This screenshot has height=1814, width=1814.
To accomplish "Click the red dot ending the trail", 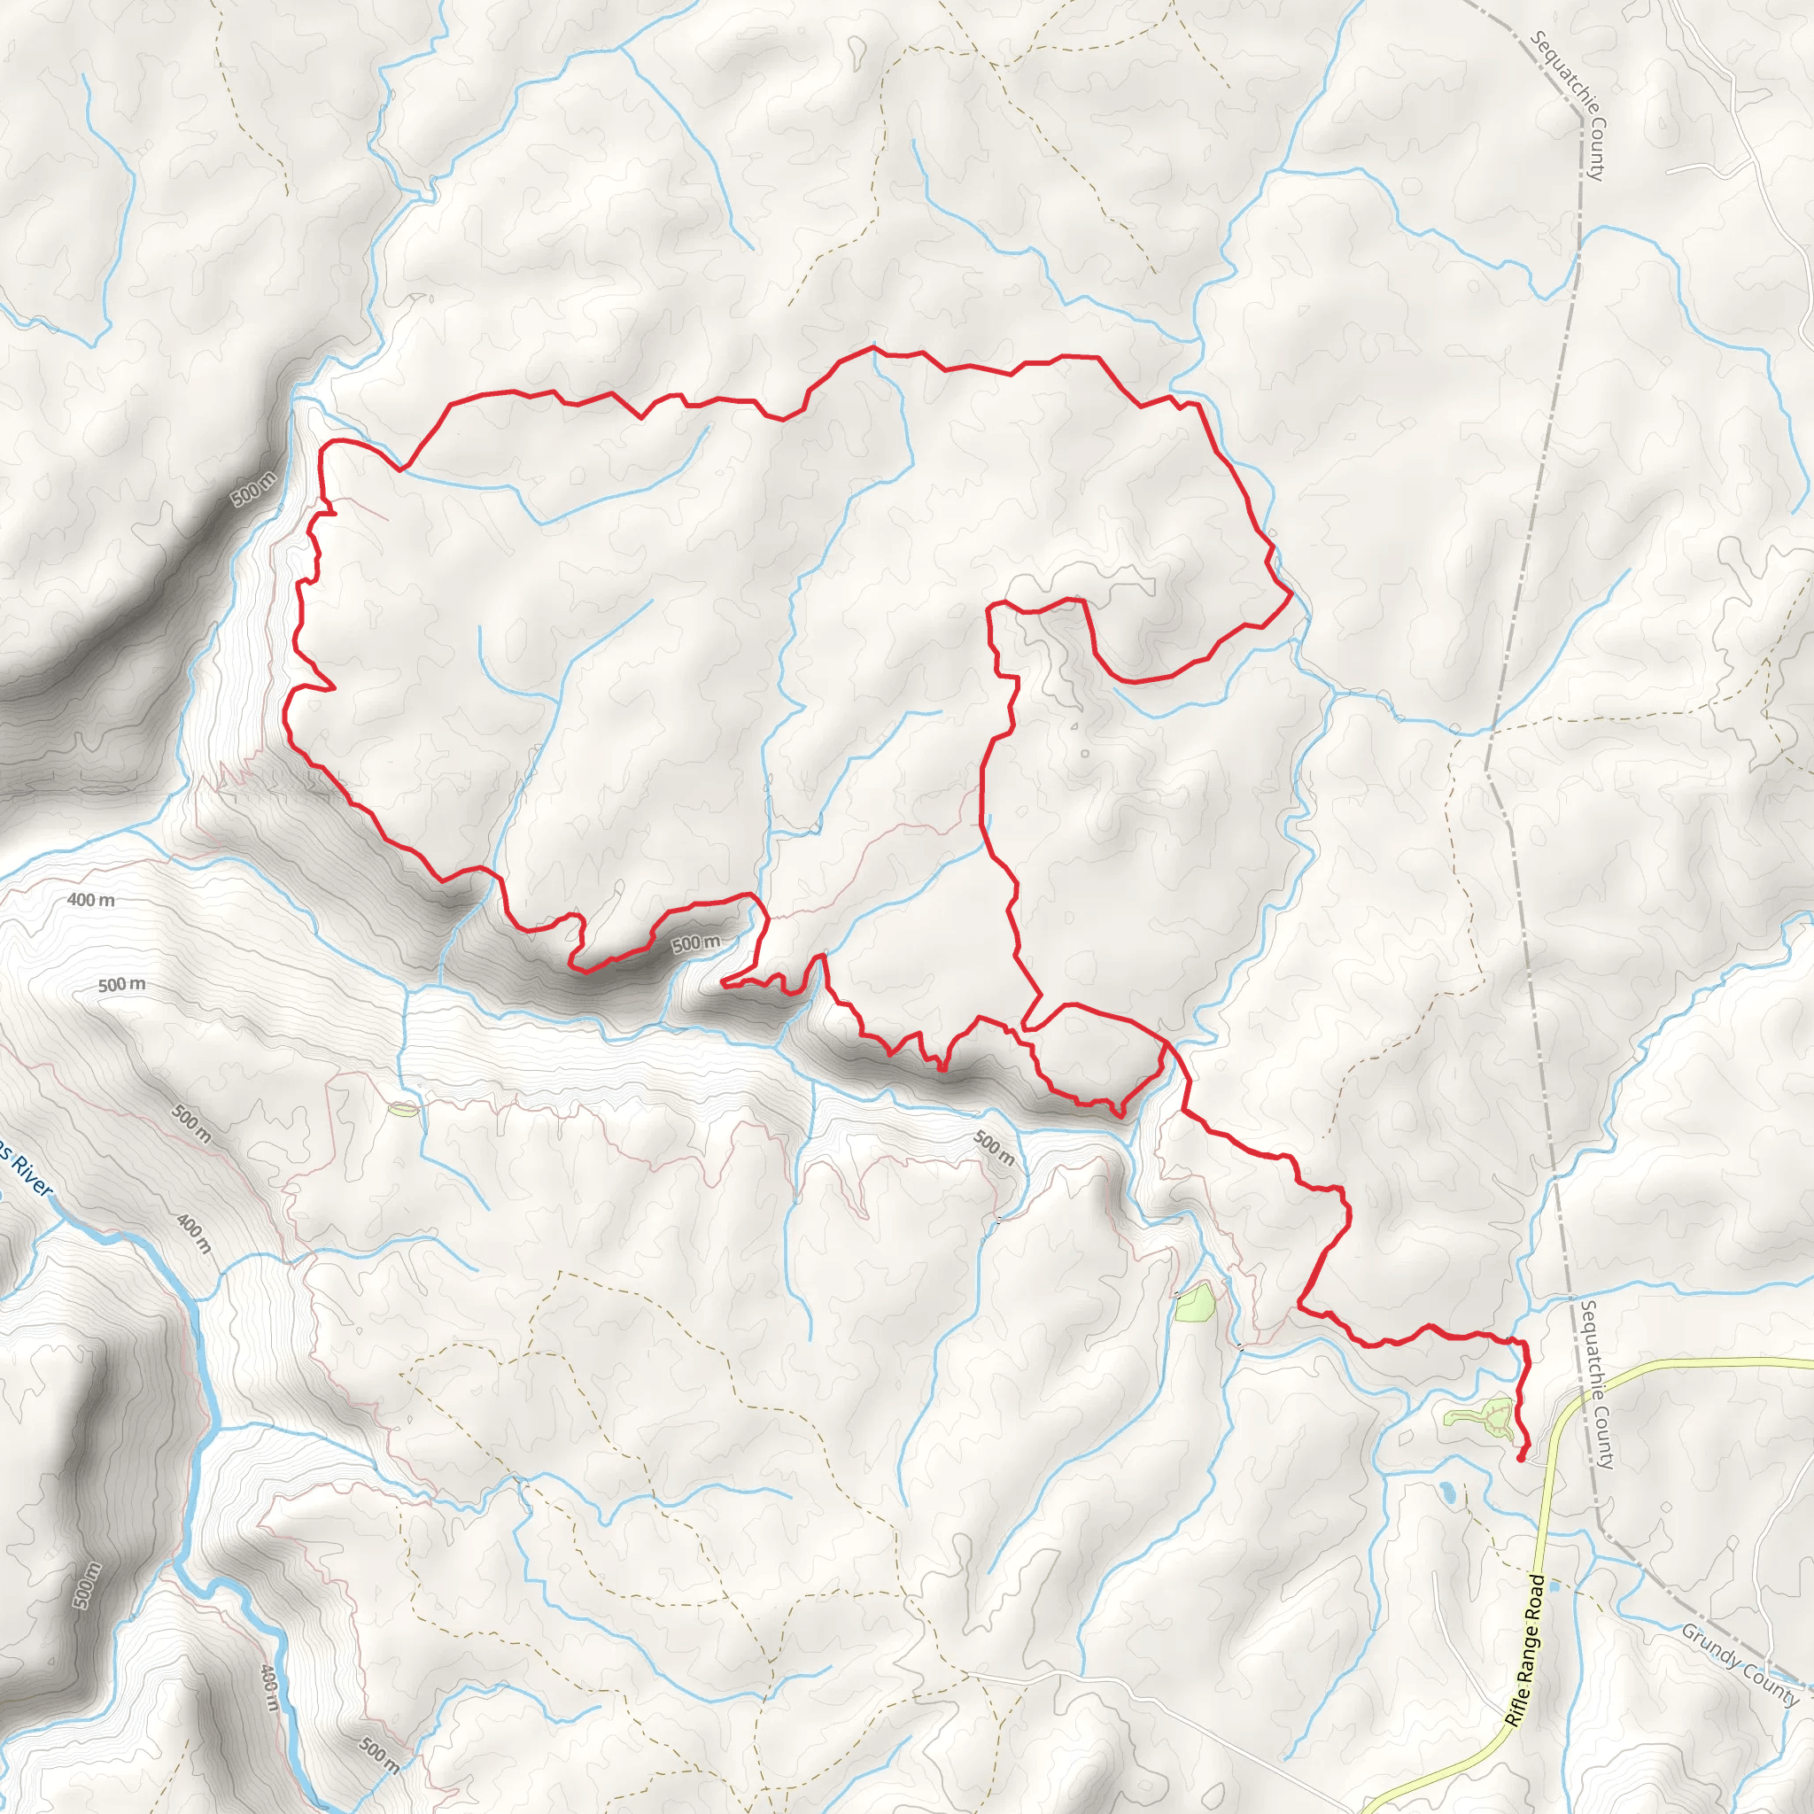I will click(x=1520, y=1457).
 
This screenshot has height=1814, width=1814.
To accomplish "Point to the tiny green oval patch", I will click(x=403, y=1110).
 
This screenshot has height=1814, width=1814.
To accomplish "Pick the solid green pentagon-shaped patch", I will click(x=1194, y=1304).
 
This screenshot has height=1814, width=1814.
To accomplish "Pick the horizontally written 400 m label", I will click(x=91, y=900).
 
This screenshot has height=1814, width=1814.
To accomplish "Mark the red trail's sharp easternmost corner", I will click(x=1292, y=593).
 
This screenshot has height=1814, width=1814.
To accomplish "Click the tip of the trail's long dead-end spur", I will click(x=721, y=982).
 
